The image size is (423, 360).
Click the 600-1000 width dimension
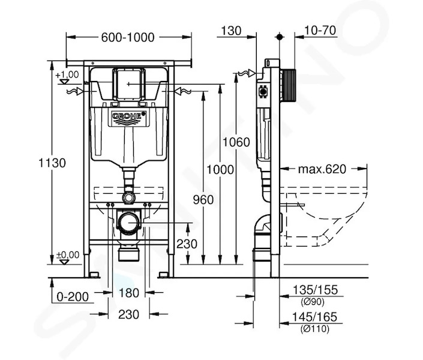(128, 37)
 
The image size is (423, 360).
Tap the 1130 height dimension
(52, 163)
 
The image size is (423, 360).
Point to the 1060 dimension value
(236, 142)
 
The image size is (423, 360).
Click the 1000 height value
(220, 170)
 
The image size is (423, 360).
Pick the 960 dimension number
(203, 200)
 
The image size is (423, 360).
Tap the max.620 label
(322, 169)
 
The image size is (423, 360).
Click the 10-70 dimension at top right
(320, 30)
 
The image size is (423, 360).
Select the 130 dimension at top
(231, 31)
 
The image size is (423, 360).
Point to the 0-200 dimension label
(73, 297)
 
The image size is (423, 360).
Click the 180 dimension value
(128, 293)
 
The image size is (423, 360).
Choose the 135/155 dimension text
(315, 290)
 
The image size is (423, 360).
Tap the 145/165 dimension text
(314, 317)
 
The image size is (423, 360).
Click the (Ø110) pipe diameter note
(315, 329)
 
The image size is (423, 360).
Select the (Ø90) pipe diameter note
(313, 302)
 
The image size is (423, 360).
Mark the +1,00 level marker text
(67, 74)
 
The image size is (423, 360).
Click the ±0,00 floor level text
(68, 255)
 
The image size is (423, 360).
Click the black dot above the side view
(280, 37)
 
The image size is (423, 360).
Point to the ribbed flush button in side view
(288, 85)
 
